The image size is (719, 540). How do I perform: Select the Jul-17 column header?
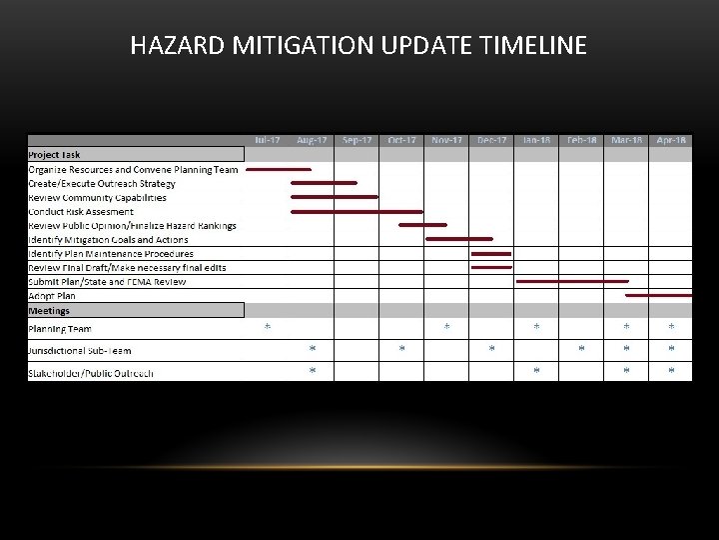tap(267, 140)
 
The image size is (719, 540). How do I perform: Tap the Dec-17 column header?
tap(491, 140)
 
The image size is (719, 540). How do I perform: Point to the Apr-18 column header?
tap(671, 140)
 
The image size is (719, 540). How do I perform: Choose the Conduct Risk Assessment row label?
tap(81, 212)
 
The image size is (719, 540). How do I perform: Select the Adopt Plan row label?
tap(52, 296)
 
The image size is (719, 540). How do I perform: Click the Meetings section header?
tap(50, 311)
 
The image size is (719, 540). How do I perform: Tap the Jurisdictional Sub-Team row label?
tap(79, 351)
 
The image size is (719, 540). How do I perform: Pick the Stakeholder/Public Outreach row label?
tap(91, 374)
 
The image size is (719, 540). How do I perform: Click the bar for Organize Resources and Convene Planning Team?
tap(278, 170)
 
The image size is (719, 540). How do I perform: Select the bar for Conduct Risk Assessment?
tap(357, 212)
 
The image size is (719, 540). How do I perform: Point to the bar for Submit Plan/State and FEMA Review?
tap(571, 282)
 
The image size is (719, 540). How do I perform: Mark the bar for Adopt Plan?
tap(658, 296)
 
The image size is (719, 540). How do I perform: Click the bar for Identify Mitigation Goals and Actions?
tap(459, 240)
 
